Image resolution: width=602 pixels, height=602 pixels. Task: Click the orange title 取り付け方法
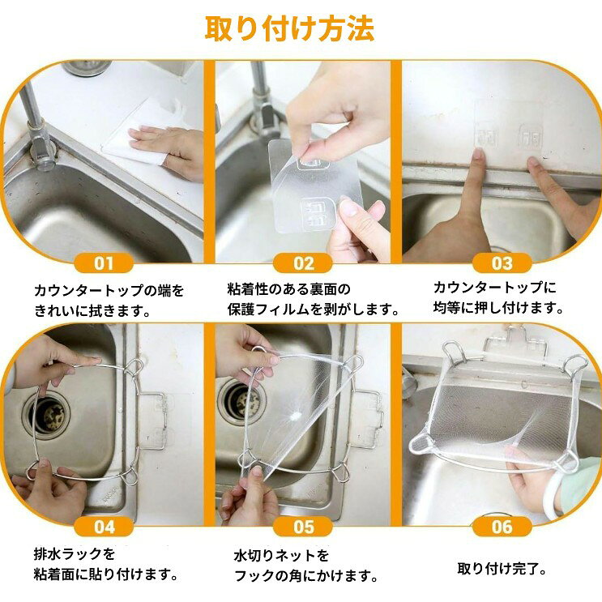289,28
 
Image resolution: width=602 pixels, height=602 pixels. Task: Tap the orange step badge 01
104,263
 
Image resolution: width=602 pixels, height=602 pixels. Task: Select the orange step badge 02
303,263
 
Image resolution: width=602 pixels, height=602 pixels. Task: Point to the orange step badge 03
502,263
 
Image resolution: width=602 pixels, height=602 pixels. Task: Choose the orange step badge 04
104,527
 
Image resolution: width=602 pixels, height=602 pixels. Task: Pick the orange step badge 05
303,527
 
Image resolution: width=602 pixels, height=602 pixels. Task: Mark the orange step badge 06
502,527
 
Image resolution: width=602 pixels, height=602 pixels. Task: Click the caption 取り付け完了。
502,569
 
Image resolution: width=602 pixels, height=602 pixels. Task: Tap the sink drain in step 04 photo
49,414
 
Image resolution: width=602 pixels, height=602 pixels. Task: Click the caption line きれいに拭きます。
92,310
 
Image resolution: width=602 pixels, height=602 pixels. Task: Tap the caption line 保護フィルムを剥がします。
313,309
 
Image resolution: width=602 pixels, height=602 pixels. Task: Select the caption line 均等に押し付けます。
498,308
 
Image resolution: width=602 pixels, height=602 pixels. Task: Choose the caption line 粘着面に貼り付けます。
106,574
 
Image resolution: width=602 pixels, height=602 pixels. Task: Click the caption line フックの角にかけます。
306,576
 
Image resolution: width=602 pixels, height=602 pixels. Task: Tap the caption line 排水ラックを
75,554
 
